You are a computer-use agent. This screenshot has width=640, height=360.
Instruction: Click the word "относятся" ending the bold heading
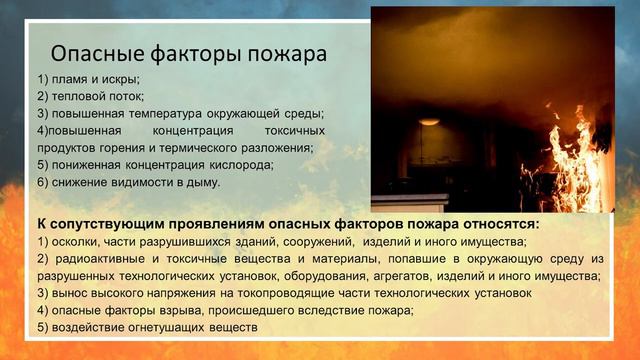[x=499, y=223]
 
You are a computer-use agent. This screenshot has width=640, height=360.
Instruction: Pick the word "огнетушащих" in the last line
[x=170, y=327]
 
